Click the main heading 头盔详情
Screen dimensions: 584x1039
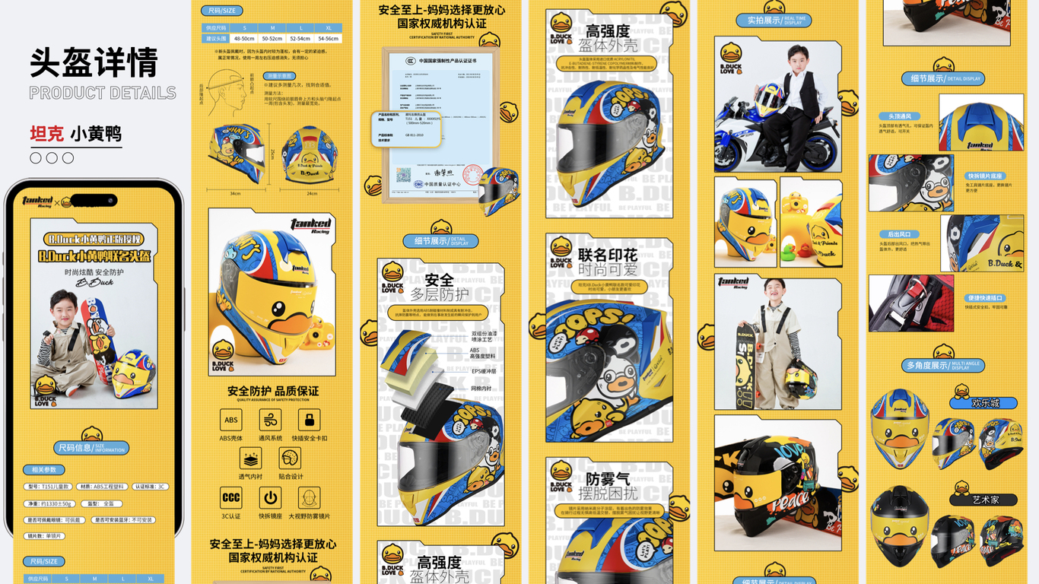[x=94, y=62]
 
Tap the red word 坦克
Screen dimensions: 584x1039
[x=47, y=135]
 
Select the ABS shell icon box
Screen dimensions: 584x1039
[x=231, y=420]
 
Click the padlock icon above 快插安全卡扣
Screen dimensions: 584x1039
[x=309, y=420]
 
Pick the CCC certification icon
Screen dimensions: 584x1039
[x=231, y=498]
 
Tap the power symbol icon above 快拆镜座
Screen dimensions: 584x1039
[x=270, y=498]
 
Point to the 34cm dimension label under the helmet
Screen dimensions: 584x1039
[x=236, y=194]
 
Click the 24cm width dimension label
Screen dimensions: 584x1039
[x=312, y=194]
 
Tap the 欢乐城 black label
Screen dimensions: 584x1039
[x=985, y=403]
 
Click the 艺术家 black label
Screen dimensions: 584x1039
[x=985, y=500]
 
